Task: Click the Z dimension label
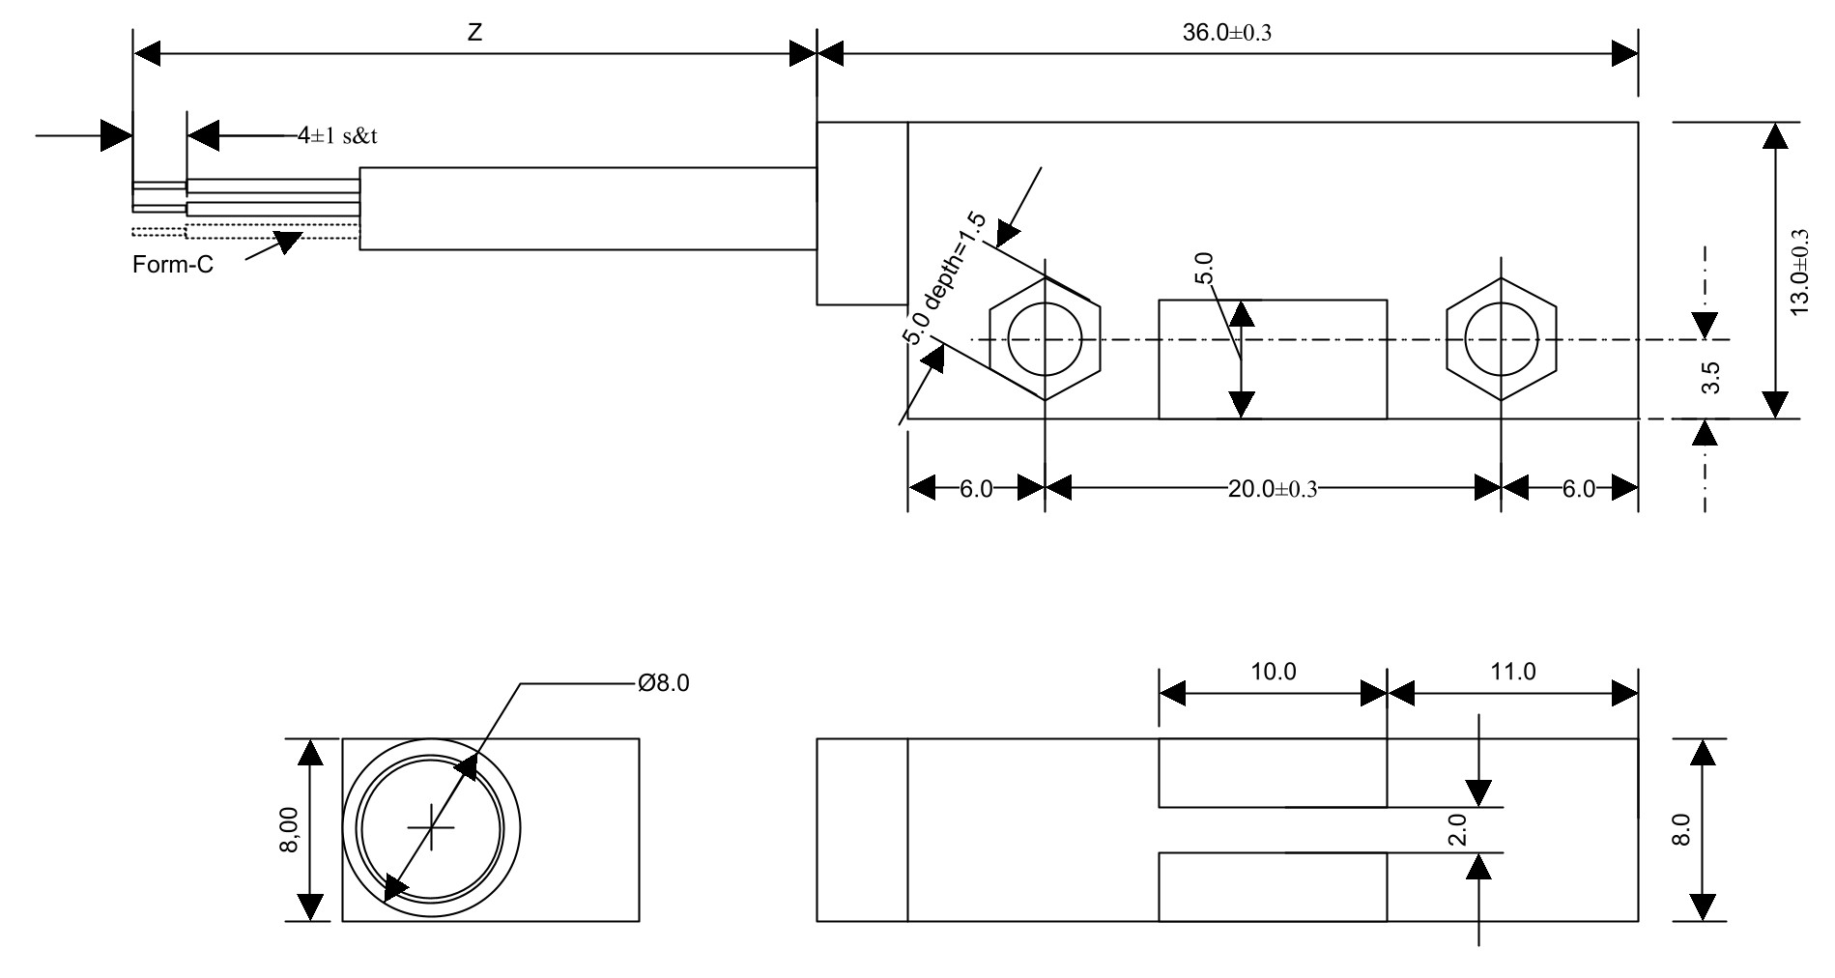474,32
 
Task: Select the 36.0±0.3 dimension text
1227,32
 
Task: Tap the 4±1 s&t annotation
337,136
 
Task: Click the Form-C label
173,265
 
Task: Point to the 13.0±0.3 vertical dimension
1799,272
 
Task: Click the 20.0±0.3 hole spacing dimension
1272,489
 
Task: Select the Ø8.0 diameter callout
663,684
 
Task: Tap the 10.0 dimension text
1273,672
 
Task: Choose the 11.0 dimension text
1512,672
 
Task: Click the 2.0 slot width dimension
1458,829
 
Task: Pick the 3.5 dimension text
1710,378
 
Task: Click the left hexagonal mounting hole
1045,339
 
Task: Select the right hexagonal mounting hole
1501,339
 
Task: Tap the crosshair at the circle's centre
431,828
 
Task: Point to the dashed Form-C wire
271,231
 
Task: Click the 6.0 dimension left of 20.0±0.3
975,489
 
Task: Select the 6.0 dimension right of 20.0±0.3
1578,489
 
